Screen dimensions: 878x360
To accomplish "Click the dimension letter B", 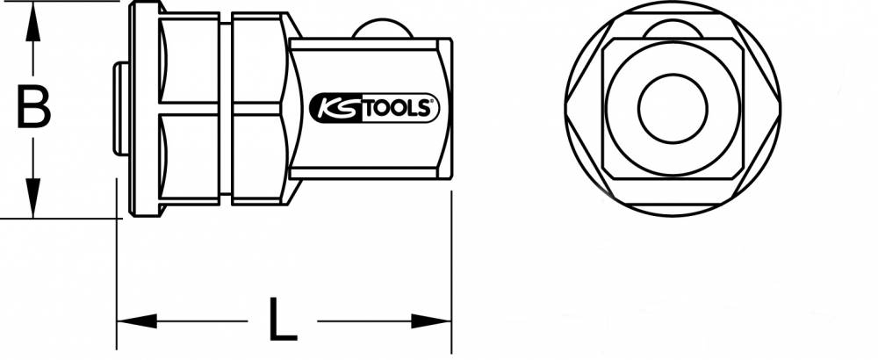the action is click(33, 106).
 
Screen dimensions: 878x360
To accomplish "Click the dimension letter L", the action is click(282, 319).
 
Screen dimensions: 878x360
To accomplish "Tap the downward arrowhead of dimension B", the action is click(33, 198).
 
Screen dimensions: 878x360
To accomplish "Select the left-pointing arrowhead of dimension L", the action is click(137, 321).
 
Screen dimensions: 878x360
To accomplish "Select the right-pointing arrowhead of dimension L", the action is click(431, 321).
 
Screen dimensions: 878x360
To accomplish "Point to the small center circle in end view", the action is click(673, 109).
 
